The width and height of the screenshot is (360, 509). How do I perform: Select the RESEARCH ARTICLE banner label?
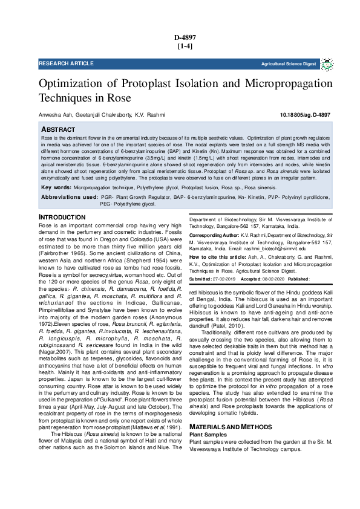point(67,63)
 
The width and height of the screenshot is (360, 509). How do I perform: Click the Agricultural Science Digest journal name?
point(289,63)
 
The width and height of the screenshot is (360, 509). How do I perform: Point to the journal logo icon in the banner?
point(327,63)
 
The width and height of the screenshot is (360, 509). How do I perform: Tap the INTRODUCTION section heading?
point(62,217)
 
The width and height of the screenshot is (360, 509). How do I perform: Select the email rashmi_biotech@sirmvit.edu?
point(275,248)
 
